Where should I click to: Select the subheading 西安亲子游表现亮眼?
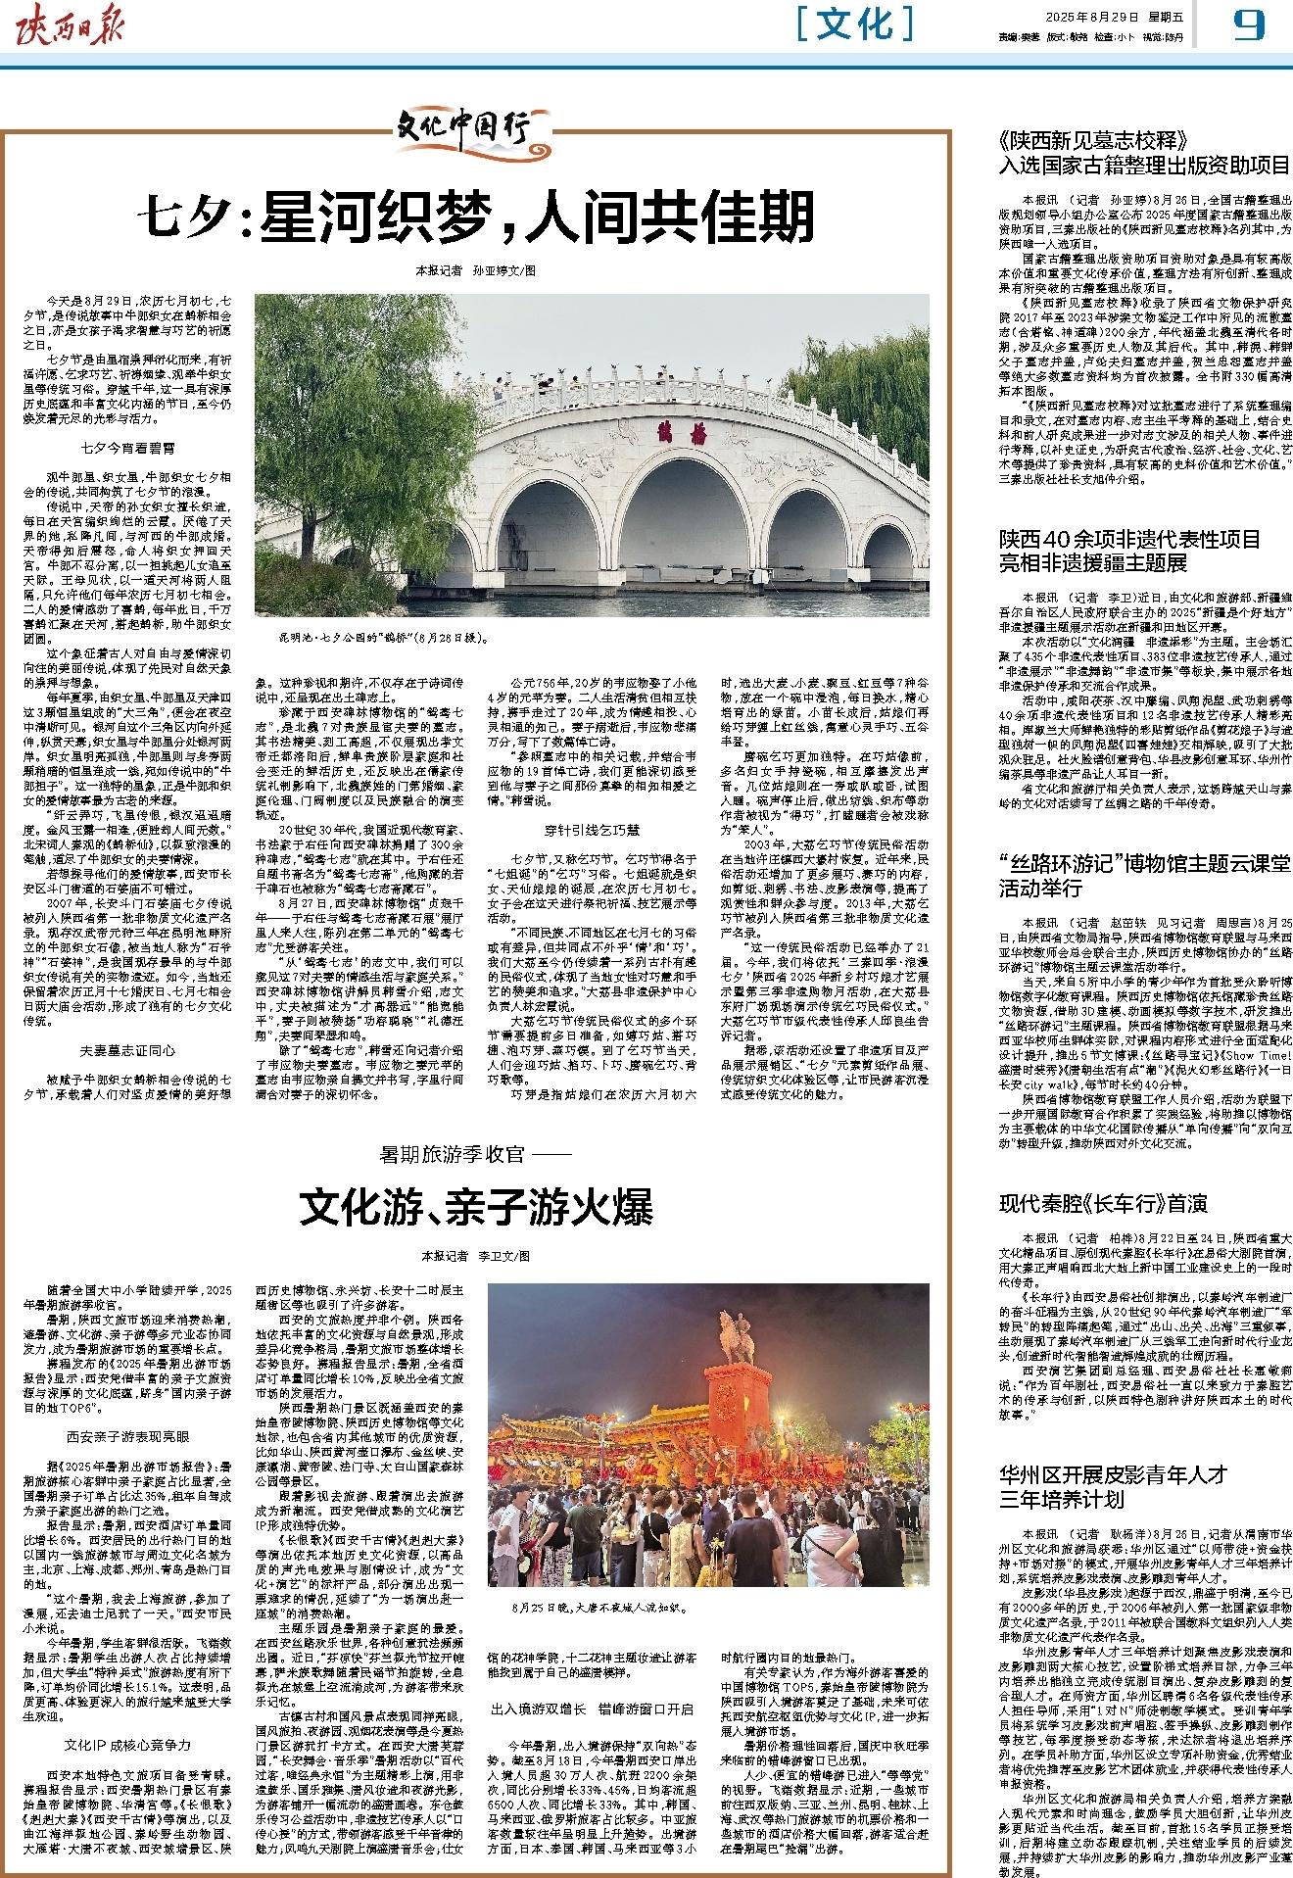128,1437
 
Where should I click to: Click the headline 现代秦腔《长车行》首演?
1102,1204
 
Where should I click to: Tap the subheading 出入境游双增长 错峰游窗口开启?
593,1682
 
